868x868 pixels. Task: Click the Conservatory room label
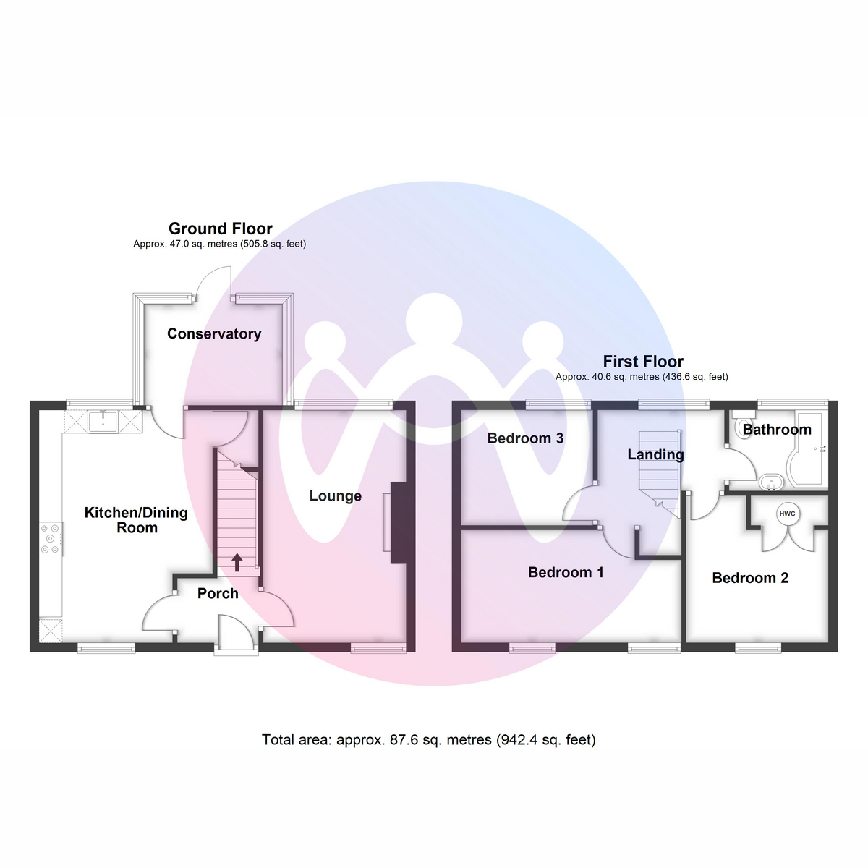click(x=214, y=333)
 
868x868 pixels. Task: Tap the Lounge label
click(x=335, y=496)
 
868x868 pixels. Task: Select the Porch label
click(x=218, y=593)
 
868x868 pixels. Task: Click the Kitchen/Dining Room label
click(x=136, y=520)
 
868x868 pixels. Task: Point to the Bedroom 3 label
click(x=525, y=438)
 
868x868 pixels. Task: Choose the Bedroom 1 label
click(x=566, y=572)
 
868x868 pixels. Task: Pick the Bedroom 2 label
click(x=750, y=578)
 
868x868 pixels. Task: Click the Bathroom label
click(x=777, y=430)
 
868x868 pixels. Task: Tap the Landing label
click(x=655, y=454)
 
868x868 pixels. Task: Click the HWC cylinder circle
click(x=787, y=514)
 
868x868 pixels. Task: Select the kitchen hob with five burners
click(x=51, y=539)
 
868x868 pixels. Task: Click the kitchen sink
click(x=103, y=422)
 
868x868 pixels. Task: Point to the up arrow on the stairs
click(x=237, y=563)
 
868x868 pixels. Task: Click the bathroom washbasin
click(x=771, y=482)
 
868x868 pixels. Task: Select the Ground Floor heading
click(x=221, y=229)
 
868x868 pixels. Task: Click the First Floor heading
click(x=643, y=362)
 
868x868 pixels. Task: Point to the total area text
click(x=428, y=740)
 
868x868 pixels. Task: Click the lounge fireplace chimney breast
click(x=398, y=522)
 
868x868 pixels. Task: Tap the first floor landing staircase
click(x=659, y=472)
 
